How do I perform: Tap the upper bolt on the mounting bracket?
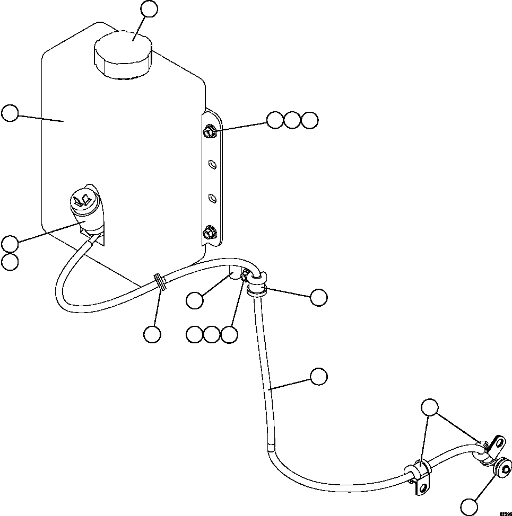click(209, 129)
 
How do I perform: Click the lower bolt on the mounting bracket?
click(209, 232)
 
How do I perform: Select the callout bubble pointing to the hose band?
click(152, 334)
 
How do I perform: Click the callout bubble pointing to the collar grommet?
click(318, 297)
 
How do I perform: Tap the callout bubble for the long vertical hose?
click(318, 376)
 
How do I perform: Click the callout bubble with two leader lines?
click(430, 408)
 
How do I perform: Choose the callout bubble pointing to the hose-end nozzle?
click(469, 506)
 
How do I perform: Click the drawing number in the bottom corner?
click(505, 512)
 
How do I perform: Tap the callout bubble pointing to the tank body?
click(10, 113)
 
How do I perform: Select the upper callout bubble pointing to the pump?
click(10, 244)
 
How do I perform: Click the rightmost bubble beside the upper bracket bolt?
click(309, 120)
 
